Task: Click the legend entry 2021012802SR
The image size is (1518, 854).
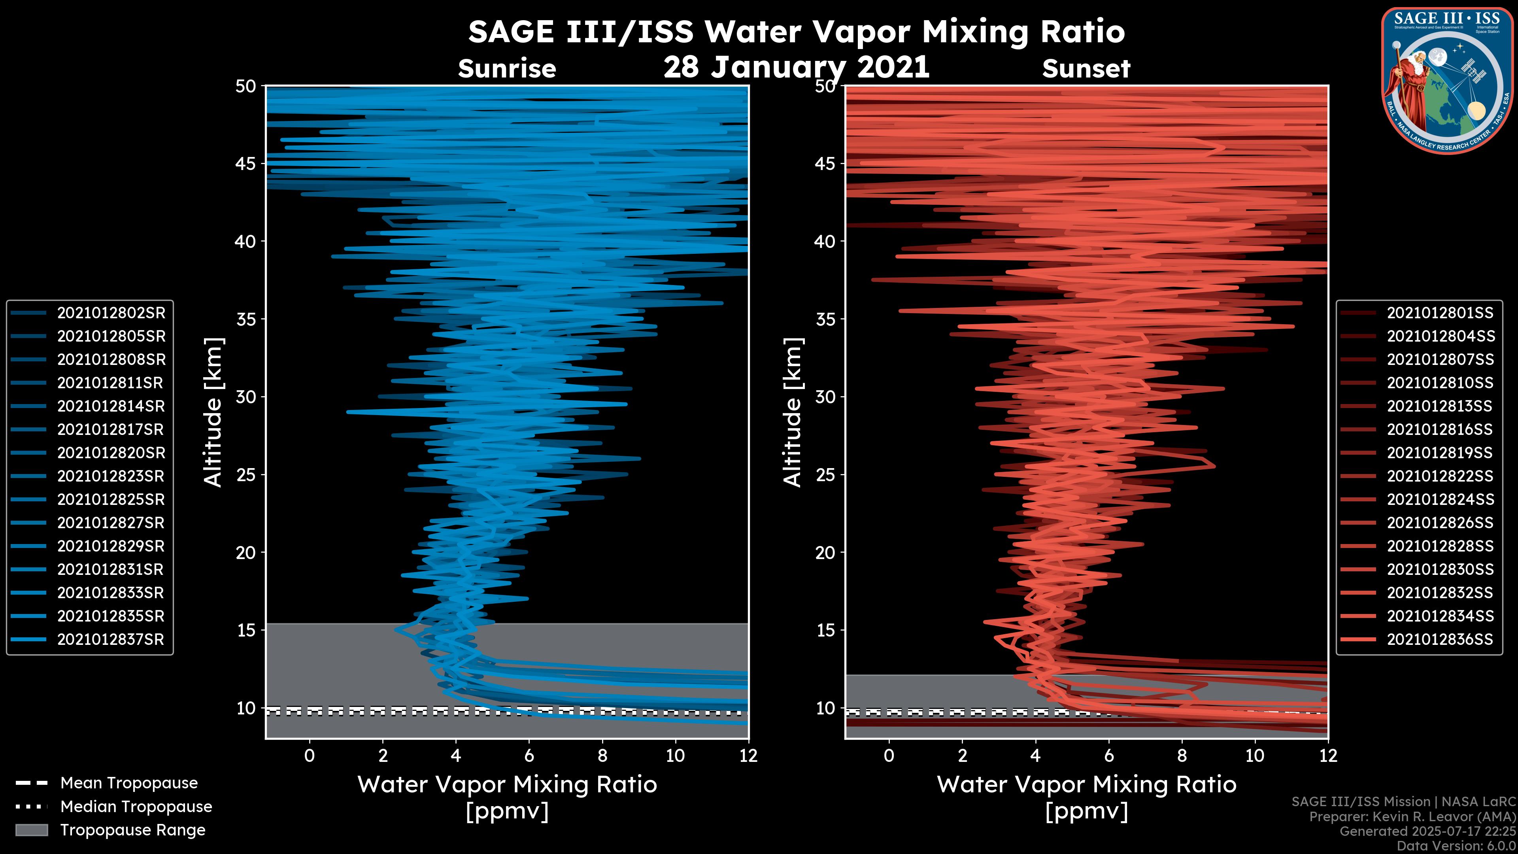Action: (111, 313)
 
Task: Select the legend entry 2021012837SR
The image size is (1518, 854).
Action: (110, 639)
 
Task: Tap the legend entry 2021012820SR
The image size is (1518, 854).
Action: (111, 453)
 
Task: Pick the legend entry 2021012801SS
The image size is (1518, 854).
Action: (1440, 313)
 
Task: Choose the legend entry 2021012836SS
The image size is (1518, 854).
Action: (1440, 639)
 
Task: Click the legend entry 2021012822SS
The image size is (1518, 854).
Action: (1440, 476)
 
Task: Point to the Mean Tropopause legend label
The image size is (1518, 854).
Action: (129, 783)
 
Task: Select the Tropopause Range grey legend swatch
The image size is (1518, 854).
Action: (32, 830)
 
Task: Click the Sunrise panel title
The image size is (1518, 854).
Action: (507, 69)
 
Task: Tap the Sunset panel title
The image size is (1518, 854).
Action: (1086, 69)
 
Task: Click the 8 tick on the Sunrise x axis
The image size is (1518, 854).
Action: (602, 756)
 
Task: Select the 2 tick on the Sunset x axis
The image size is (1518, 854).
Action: (962, 756)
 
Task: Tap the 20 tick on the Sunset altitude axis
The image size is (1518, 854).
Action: (825, 553)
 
